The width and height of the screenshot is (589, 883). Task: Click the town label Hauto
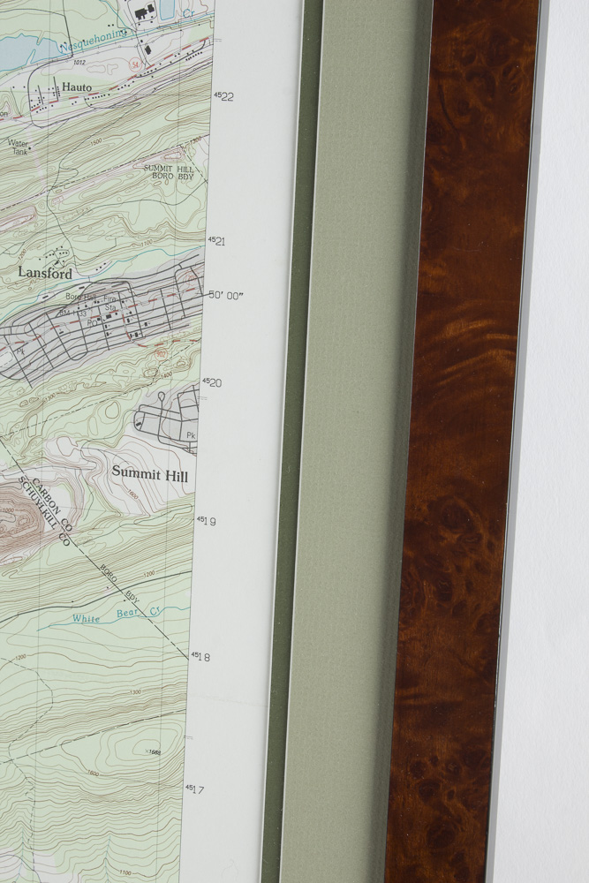coord(77,87)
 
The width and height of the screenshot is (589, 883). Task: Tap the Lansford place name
coord(45,273)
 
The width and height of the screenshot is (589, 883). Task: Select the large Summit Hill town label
coord(149,472)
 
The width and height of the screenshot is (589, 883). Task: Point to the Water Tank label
coord(19,147)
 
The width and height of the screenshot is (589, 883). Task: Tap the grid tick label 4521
coord(216,240)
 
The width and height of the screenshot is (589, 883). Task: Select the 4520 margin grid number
coord(211,382)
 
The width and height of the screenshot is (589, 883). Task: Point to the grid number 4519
coord(206,520)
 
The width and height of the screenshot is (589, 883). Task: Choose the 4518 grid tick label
coord(200,656)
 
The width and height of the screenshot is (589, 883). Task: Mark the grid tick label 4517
coord(194,789)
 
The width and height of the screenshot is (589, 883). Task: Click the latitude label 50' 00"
coord(225,296)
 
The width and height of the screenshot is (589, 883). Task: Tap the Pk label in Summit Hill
coord(190,435)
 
